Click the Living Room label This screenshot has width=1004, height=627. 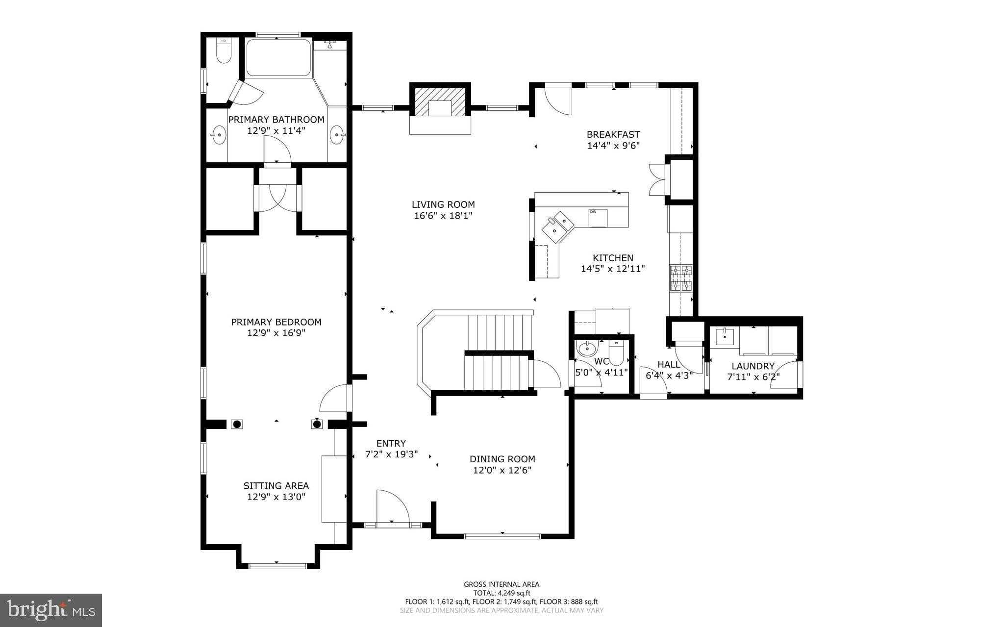click(443, 204)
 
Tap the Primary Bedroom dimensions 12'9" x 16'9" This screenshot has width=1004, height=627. click(276, 333)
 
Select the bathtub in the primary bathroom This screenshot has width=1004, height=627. click(278, 58)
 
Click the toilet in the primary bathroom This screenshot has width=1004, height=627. click(224, 52)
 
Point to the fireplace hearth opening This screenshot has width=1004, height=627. click(440, 108)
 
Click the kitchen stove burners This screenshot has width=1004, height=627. click(681, 278)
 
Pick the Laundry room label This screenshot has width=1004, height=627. click(753, 366)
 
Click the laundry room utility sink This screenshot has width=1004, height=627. click(724, 337)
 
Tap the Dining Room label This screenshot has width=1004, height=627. click(502, 459)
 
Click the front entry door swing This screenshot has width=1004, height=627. click(392, 507)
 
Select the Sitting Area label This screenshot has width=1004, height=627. click(276, 486)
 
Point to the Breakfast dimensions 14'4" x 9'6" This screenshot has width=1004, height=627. click(613, 146)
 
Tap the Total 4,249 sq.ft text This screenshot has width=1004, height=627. click(502, 593)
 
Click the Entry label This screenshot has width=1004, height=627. click(391, 444)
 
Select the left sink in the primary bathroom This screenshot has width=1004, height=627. click(218, 134)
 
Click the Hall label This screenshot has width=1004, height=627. click(668, 365)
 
